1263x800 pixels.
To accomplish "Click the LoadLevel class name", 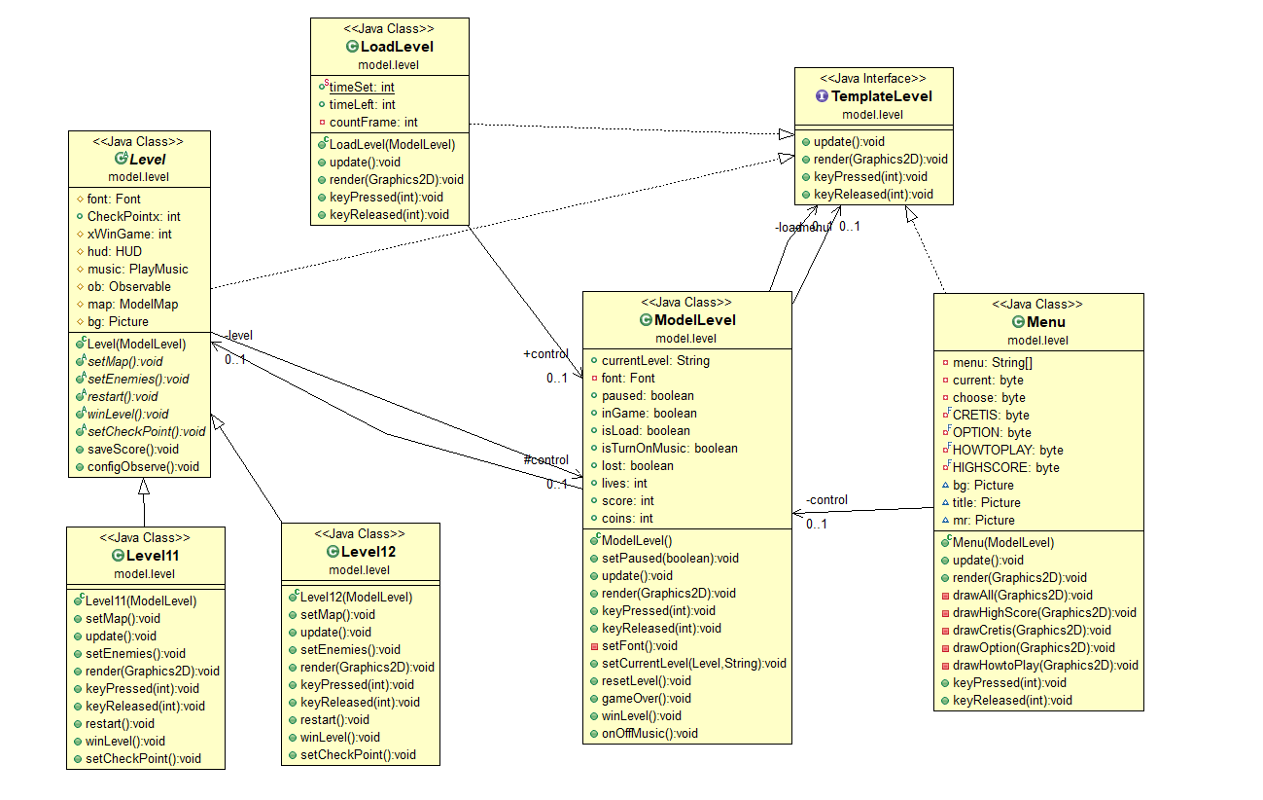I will coord(396,47).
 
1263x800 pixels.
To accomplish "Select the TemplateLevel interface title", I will coord(880,96).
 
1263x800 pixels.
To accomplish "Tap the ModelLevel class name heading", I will coord(694,320).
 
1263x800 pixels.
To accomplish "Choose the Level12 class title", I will coord(368,552).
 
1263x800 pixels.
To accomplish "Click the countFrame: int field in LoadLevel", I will coord(373,123).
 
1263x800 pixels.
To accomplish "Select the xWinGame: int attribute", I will coord(129,234).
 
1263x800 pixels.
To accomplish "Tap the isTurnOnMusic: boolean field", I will coord(669,449).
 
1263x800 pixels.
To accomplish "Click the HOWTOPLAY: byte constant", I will coord(1007,451).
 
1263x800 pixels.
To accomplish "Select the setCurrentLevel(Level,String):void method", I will coord(693,664).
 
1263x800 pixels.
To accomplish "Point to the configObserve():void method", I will coord(143,467).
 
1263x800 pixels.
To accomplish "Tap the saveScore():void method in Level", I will coord(133,450).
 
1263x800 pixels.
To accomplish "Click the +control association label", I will coord(545,353).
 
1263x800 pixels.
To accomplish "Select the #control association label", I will coord(545,459).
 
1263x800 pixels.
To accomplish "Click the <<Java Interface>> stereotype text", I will coord(873,78).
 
